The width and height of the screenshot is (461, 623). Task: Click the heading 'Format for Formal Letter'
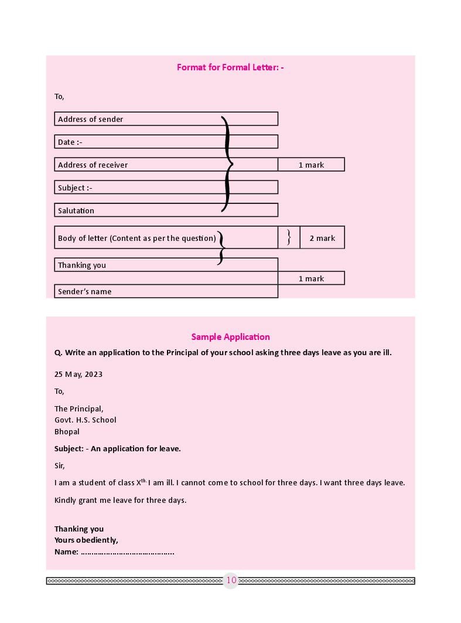pyautogui.click(x=230, y=67)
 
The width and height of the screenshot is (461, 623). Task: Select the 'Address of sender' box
pyautogui.click(x=166, y=119)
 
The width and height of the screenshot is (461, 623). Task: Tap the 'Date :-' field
pyautogui.click(x=166, y=142)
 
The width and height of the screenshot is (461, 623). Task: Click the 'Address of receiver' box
pyautogui.click(x=166, y=165)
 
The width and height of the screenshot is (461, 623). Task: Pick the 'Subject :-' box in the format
pyautogui.click(x=166, y=188)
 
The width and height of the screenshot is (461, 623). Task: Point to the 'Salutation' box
pyautogui.click(x=166, y=210)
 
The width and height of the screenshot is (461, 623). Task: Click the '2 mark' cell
pyautogui.click(x=322, y=238)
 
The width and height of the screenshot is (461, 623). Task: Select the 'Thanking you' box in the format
pyautogui.click(x=166, y=265)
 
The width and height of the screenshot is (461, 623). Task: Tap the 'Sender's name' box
pyautogui.click(x=166, y=291)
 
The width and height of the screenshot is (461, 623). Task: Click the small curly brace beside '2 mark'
pyautogui.click(x=289, y=237)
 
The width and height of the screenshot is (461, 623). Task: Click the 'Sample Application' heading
pyautogui.click(x=230, y=337)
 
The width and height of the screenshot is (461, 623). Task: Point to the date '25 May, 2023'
pyautogui.click(x=78, y=375)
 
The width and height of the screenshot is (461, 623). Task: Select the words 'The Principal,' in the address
pyautogui.click(x=79, y=408)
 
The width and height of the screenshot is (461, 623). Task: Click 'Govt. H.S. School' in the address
pyautogui.click(x=86, y=420)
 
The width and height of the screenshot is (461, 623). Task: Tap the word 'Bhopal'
pyautogui.click(x=67, y=431)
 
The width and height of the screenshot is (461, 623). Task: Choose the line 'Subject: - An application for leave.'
pyautogui.click(x=118, y=448)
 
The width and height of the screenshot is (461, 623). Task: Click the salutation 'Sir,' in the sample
pyautogui.click(x=60, y=466)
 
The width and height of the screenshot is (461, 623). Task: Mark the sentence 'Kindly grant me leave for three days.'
pyautogui.click(x=121, y=500)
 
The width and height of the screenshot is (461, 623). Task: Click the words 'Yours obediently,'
pyautogui.click(x=86, y=540)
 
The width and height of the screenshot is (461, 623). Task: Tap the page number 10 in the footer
pyautogui.click(x=231, y=580)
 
